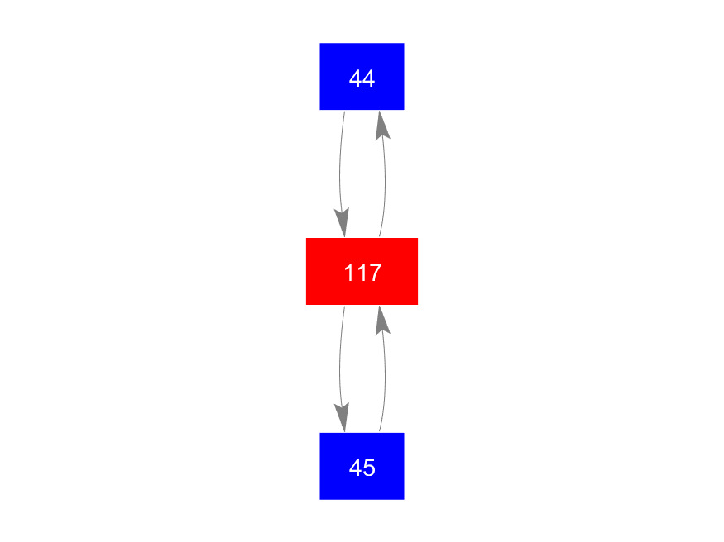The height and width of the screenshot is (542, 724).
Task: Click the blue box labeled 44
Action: coord(362,77)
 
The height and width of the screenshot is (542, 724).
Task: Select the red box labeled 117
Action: coord(362,272)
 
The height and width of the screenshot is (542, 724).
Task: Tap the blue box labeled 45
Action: coord(362,466)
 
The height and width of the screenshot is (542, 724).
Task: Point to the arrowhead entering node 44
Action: coord(381,125)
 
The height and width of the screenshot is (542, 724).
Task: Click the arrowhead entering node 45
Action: coord(343,417)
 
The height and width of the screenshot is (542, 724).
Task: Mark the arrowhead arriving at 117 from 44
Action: coord(343,222)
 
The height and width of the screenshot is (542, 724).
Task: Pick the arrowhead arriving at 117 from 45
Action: coord(381,320)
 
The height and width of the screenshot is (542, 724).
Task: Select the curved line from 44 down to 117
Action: coord(340,174)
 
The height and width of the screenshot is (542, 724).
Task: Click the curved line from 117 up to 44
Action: coord(385,180)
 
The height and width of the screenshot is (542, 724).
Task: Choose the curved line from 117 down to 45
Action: coord(340,368)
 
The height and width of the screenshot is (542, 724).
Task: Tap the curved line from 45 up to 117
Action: coord(385,374)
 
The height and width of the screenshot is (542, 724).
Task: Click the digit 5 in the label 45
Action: coord(369,468)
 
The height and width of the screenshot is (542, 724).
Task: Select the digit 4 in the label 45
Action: coord(356,468)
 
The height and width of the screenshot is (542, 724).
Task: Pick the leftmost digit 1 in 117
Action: coord(349,273)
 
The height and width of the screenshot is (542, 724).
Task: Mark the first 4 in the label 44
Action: coord(356,78)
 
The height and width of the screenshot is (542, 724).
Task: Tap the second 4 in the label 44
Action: coord(369,78)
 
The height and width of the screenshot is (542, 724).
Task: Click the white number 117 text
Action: coord(363,273)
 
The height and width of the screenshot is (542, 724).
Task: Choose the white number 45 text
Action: coord(362,468)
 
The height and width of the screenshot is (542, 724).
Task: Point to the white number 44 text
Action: coord(362,78)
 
